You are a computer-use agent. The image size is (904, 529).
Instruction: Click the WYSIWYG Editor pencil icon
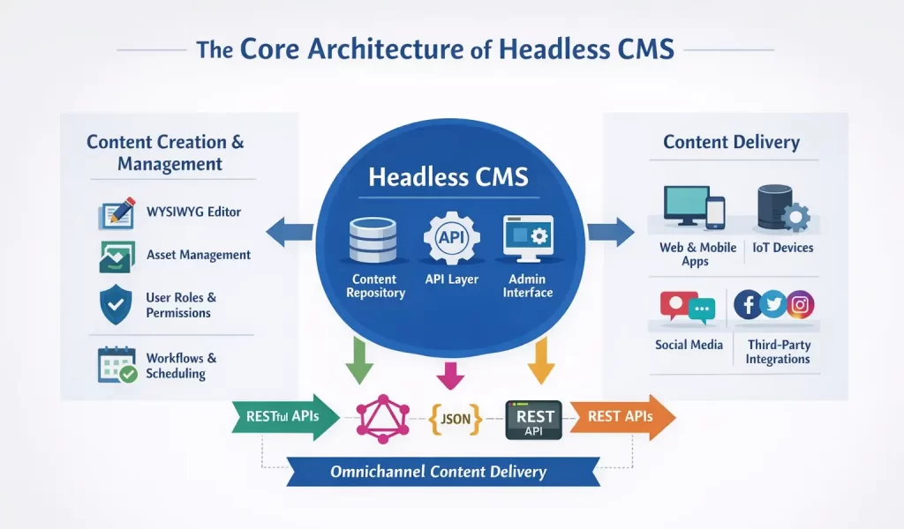(116, 213)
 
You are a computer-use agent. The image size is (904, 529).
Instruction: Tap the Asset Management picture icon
(116, 256)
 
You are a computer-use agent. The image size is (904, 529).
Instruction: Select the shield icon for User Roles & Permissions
(116, 305)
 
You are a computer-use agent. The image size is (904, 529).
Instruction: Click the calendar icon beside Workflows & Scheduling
(116, 364)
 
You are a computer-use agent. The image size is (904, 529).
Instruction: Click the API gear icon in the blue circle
(450, 238)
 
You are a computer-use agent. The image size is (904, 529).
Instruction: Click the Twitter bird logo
(773, 305)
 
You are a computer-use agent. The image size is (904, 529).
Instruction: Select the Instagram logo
(800, 305)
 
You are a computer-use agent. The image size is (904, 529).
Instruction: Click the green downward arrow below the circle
(359, 360)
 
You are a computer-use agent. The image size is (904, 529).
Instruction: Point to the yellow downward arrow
(540, 360)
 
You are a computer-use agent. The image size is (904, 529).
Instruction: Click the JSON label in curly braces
(456, 420)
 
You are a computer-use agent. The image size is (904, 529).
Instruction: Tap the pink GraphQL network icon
(382, 418)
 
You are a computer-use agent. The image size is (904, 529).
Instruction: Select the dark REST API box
(534, 421)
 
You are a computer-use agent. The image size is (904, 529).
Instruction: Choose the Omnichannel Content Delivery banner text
(438, 472)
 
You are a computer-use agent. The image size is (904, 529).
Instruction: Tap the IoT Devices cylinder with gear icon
(780, 209)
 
